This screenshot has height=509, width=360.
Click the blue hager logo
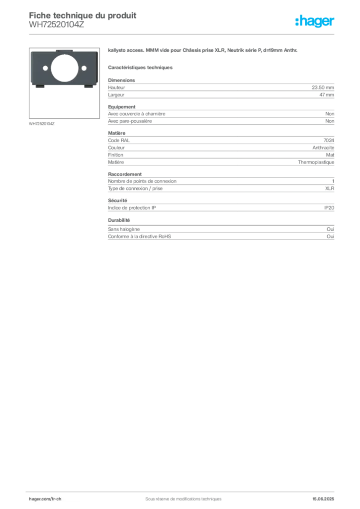coord(315,22)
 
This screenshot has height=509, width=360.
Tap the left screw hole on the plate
coord(46,68)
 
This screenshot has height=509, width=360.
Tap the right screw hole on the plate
coord(83,68)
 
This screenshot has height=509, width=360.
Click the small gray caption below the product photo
coord(42,123)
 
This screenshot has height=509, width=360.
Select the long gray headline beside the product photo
coord(203,52)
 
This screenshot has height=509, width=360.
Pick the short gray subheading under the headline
coord(141,67)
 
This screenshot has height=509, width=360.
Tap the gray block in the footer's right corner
coord(326,496)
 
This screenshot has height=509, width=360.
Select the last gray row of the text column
coord(221,238)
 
